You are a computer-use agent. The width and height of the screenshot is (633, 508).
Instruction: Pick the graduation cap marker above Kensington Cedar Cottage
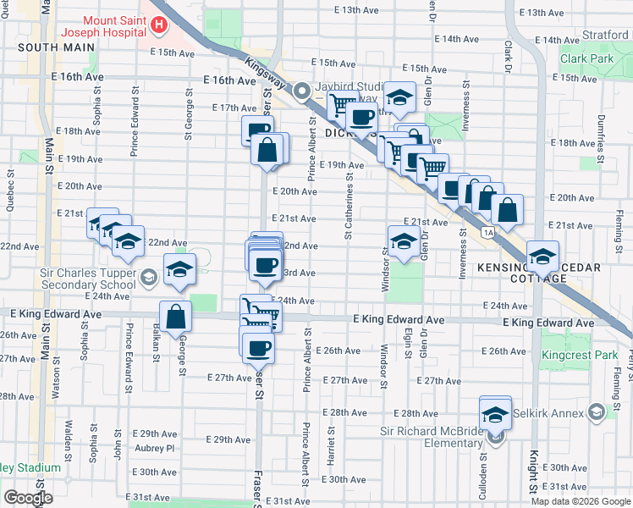click(x=542, y=256)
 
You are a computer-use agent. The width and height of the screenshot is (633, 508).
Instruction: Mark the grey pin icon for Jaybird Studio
click(x=300, y=94)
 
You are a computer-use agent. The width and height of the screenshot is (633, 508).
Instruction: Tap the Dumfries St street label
click(x=602, y=137)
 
